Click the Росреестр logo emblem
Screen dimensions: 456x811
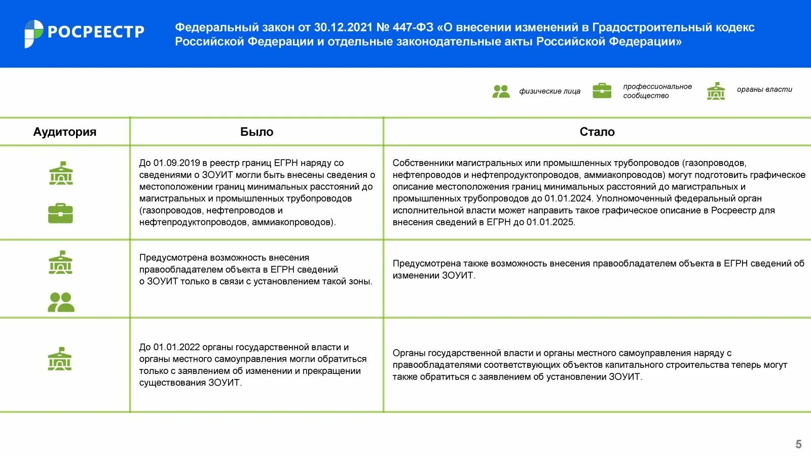click(34, 33)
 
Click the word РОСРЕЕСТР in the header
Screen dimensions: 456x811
click(96, 32)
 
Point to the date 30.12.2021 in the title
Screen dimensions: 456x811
click(343, 27)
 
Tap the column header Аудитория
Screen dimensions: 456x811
click(64, 132)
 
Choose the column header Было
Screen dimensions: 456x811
click(256, 132)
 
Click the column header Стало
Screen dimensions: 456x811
click(597, 132)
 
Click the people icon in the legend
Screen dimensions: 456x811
click(501, 91)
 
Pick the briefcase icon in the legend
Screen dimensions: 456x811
click(602, 91)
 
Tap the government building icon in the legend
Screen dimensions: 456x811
click(716, 91)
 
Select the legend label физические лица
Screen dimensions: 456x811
click(549, 91)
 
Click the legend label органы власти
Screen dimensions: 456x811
click(764, 89)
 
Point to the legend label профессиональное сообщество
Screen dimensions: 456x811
click(657, 91)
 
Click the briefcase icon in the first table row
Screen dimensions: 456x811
click(61, 213)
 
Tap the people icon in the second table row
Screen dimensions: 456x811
click(61, 302)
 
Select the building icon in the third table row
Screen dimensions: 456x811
click(60, 359)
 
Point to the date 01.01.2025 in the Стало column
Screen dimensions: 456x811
click(550, 222)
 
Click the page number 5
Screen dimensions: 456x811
click(798, 444)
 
